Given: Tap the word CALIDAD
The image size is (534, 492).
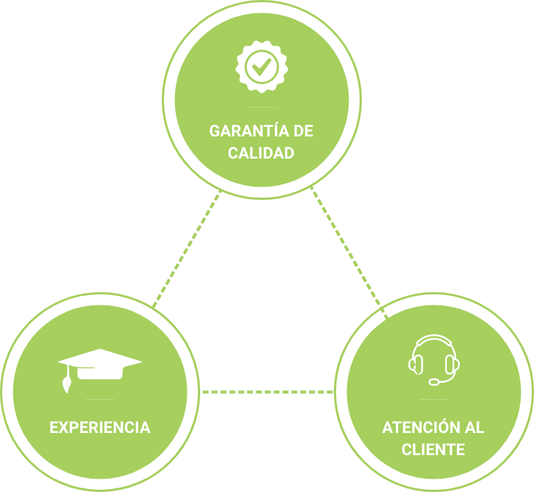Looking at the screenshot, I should (x=261, y=153).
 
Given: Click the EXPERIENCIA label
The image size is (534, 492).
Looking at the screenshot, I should (x=100, y=427).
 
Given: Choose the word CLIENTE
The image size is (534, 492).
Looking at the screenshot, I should (x=434, y=449).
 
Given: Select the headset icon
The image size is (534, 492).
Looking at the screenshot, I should (x=434, y=358).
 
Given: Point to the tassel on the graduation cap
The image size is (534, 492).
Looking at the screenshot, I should (x=67, y=384).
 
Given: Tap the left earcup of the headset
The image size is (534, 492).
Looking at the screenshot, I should (x=415, y=363).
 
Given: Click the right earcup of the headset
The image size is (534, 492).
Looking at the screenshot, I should (x=453, y=363).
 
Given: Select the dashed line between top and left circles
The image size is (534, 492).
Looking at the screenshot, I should (x=186, y=249).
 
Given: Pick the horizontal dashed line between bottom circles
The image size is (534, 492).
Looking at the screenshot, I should (x=267, y=392).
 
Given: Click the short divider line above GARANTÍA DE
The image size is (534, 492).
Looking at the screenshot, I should (x=261, y=108).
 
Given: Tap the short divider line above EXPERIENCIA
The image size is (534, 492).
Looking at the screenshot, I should (x=100, y=400).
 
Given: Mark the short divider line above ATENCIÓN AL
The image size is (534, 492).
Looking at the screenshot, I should (x=434, y=400).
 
